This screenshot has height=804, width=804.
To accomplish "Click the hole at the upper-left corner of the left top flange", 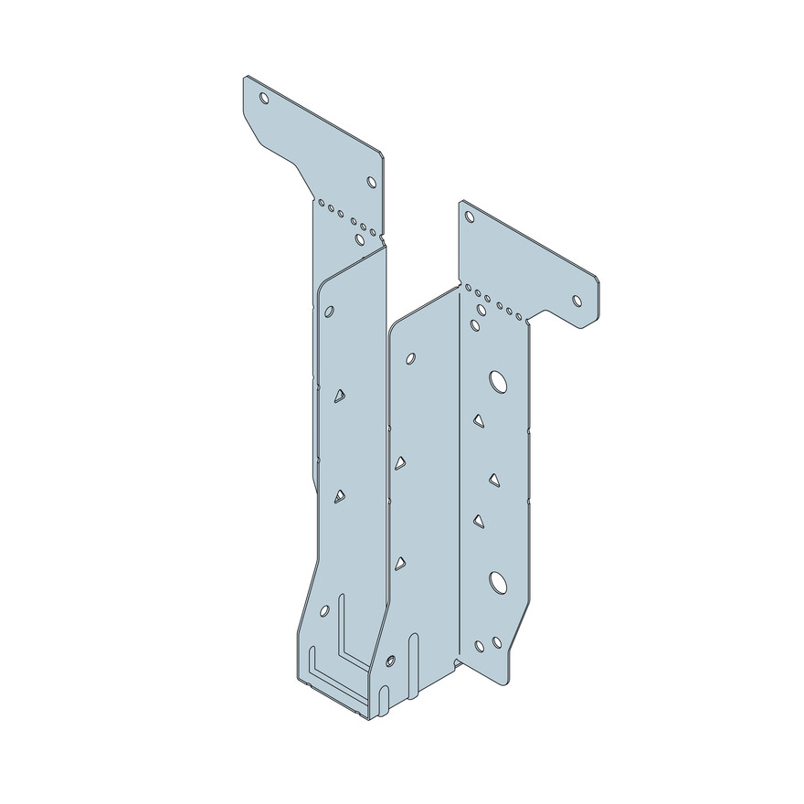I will pyautogui.click(x=264, y=97).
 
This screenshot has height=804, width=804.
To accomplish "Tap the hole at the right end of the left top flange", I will pyautogui.click(x=371, y=182).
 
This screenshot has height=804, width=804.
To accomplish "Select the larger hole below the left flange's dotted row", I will pyautogui.click(x=360, y=239).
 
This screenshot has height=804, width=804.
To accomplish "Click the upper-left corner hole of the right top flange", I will pyautogui.click(x=470, y=217).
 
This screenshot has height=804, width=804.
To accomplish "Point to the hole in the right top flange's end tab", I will pyautogui.click(x=577, y=300).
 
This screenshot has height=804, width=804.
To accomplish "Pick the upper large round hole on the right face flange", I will pyautogui.click(x=498, y=381).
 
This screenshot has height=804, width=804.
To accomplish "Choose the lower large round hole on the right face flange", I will pyautogui.click(x=498, y=580).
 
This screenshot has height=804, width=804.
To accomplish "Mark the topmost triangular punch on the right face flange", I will pyautogui.click(x=478, y=420).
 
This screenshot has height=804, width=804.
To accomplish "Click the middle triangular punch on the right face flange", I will pyautogui.click(x=494, y=480).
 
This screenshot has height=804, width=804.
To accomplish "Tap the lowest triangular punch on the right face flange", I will pyautogui.click(x=478, y=521).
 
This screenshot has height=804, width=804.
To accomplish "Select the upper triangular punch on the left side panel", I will pyautogui.click(x=339, y=396).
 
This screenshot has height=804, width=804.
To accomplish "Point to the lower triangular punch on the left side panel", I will pyautogui.click(x=339, y=496).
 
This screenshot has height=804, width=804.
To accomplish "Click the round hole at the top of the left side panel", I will pyautogui.click(x=329, y=312).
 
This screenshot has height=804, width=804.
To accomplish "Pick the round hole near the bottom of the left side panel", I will pyautogui.click(x=324, y=610).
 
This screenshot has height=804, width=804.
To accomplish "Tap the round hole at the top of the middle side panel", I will pyautogui.click(x=410, y=359).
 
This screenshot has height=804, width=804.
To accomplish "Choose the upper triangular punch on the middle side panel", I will pyautogui.click(x=399, y=463).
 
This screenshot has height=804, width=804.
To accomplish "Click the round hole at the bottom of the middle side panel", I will pyautogui.click(x=391, y=660).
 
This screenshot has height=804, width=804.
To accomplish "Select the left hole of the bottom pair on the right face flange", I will pyautogui.click(x=480, y=647).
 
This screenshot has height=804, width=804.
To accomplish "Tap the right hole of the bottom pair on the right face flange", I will pyautogui.click(x=497, y=642).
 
